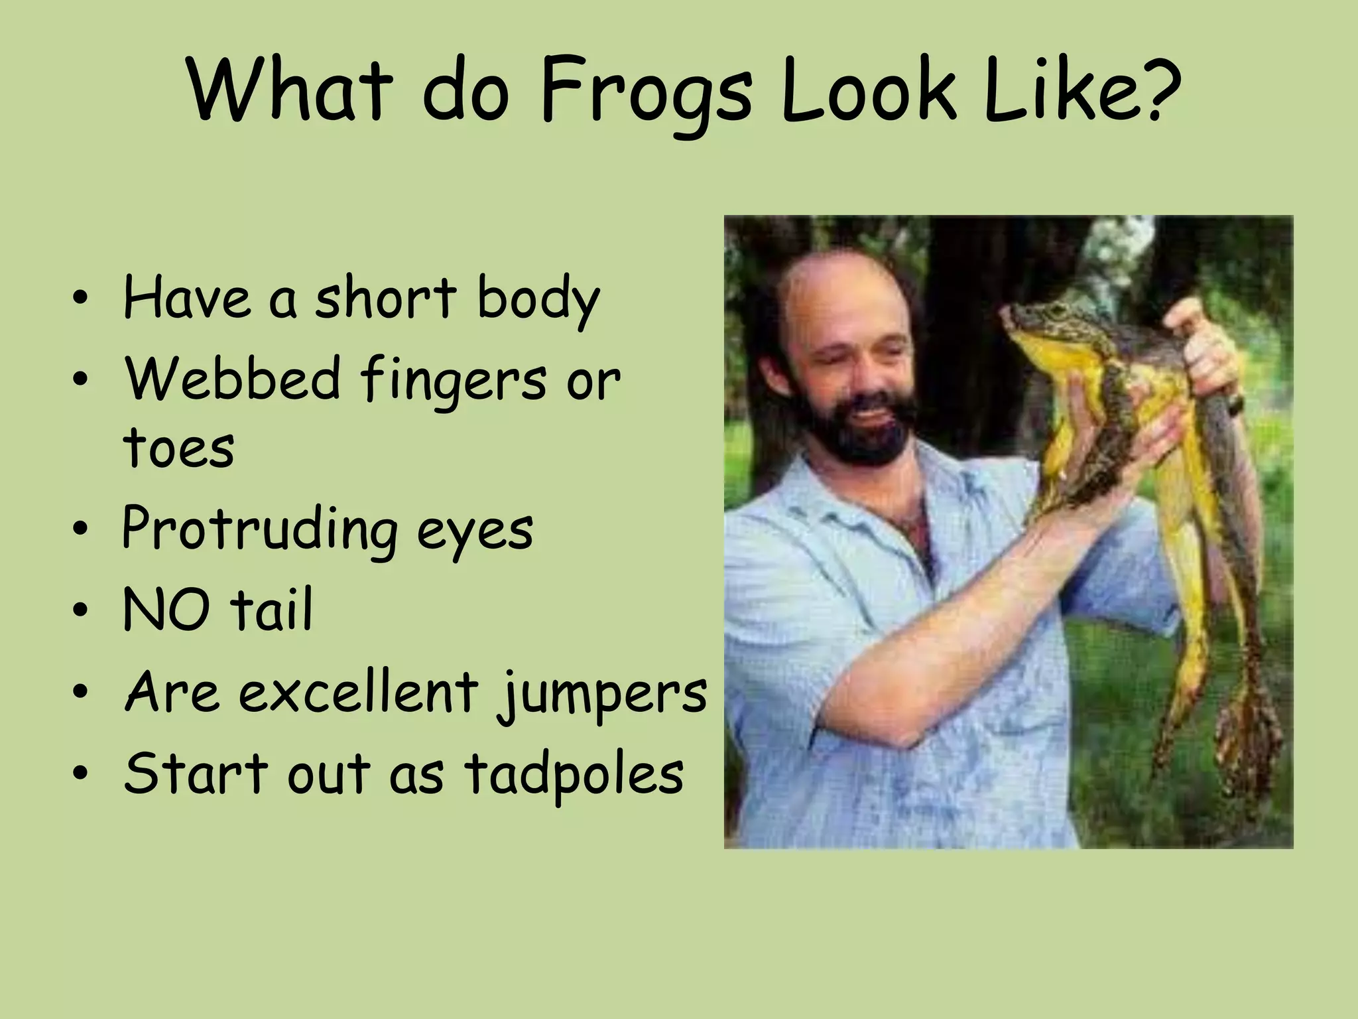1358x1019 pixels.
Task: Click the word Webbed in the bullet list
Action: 232,379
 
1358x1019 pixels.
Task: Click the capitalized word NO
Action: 166,610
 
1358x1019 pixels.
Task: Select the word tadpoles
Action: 574,775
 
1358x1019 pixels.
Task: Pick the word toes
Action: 178,448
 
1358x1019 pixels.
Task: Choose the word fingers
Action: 454,381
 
